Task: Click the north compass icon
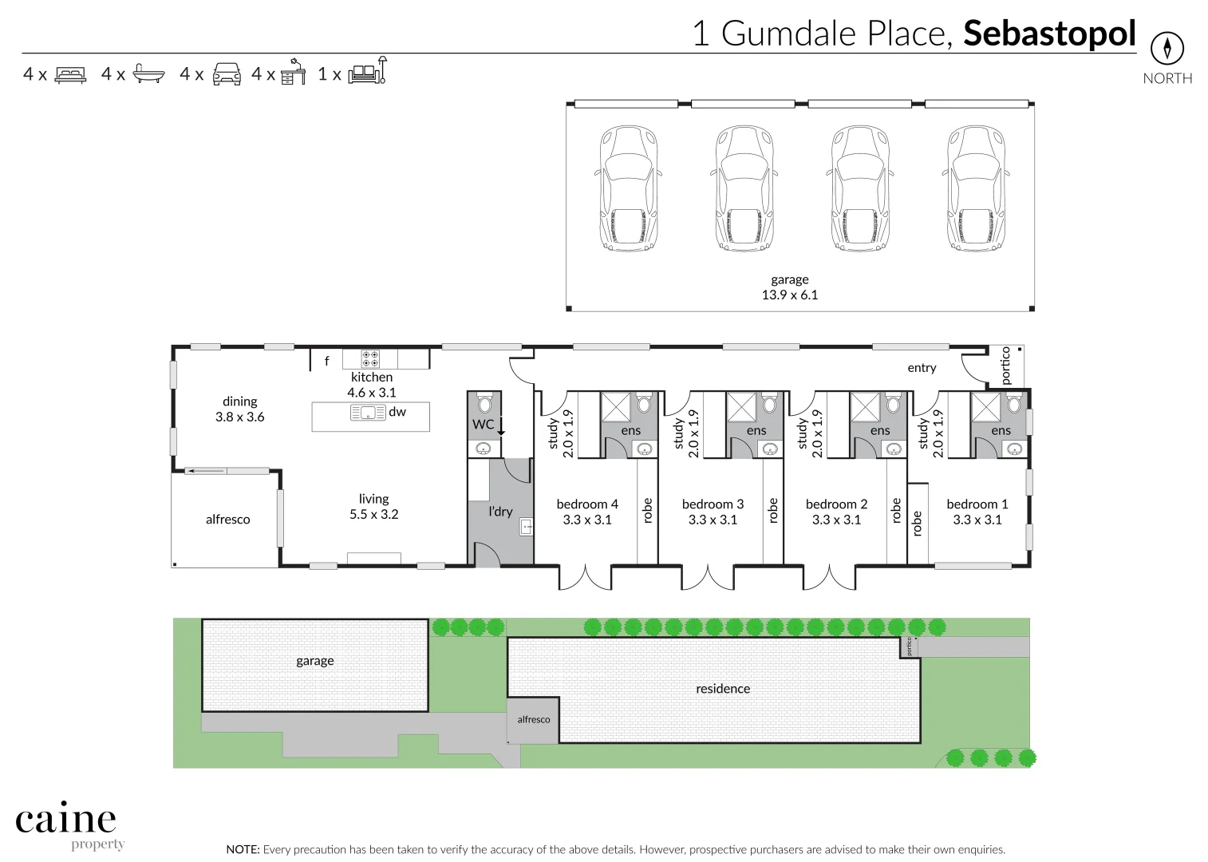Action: coord(1167,49)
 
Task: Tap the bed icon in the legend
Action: coord(70,75)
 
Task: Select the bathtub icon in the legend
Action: coord(148,74)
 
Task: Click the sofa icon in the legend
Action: coord(367,71)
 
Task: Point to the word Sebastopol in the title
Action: coord(1049,34)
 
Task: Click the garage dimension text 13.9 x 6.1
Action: coord(789,295)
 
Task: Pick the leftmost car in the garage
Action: coord(629,188)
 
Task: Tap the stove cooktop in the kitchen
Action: coord(370,358)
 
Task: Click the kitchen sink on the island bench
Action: coord(368,413)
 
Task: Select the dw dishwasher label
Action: coord(397,412)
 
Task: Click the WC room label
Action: coord(483,425)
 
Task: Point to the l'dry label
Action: coord(500,512)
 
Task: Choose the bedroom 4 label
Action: coord(587,504)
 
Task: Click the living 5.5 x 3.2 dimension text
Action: coord(373,515)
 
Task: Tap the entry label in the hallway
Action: coord(922,368)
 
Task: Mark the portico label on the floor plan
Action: coord(1005,366)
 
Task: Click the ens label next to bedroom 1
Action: coord(1001,431)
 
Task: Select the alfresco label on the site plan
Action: coord(534,720)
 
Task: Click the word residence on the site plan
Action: coord(723,689)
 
